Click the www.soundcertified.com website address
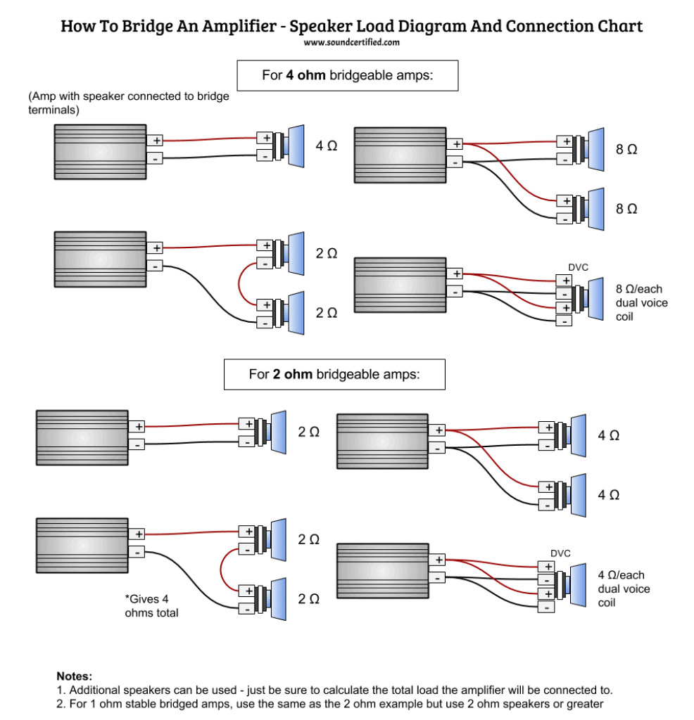tap(352, 42)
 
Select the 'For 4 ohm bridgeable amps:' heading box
tap(348, 75)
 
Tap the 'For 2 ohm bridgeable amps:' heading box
tap(334, 374)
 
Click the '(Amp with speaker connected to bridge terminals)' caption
tap(129, 103)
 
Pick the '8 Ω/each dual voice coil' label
tap(642, 302)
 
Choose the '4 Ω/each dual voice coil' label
tap(624, 589)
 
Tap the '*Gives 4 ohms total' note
tap(151, 605)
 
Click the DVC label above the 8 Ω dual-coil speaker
tap(578, 267)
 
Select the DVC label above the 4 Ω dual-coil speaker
tap(560, 553)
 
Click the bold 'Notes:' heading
tap(75, 676)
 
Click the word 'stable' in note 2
tap(141, 703)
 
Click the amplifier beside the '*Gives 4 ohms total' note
tap(82, 546)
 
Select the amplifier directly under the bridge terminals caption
tap(100, 152)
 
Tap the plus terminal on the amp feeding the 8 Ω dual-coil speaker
tap(455, 274)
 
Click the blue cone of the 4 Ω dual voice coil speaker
tap(578, 585)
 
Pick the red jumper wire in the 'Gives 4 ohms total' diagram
tap(220, 570)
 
